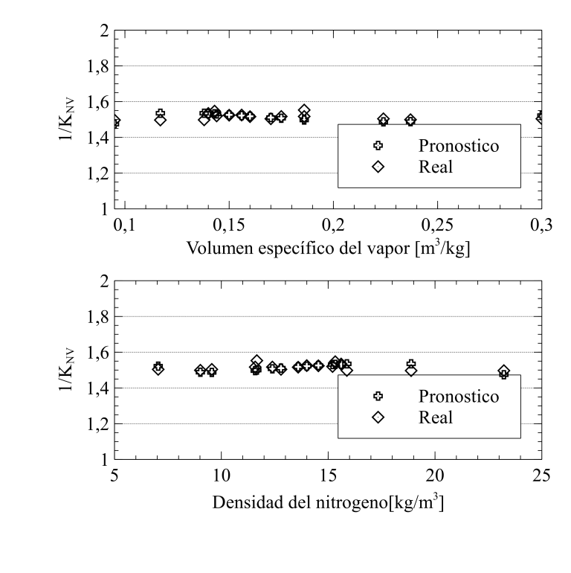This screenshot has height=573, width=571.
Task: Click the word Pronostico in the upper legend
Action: [x=458, y=145]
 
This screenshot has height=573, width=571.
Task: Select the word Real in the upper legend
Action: [x=435, y=167]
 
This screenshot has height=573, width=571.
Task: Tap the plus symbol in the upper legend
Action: [x=378, y=145]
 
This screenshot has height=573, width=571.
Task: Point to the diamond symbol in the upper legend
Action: [x=378, y=167]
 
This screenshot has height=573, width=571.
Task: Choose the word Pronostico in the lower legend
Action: [x=458, y=396]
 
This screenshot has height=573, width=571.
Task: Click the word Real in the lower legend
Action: [x=435, y=417]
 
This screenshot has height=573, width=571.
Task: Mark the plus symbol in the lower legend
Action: [x=378, y=396]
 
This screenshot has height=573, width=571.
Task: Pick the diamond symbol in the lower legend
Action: [x=378, y=417]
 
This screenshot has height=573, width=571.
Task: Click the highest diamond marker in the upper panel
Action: [x=304, y=111]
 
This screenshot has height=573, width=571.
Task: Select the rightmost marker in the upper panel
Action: [x=541, y=118]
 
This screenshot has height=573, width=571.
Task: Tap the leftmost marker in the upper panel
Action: [x=115, y=121]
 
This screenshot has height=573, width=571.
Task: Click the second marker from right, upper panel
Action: [x=410, y=121]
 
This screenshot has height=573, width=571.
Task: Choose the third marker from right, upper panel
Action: [x=383, y=120]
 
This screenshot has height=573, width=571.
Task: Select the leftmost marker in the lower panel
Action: [x=158, y=368]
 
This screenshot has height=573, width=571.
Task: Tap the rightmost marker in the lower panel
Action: [x=503, y=372]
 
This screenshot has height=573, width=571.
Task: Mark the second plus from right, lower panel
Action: [x=411, y=364]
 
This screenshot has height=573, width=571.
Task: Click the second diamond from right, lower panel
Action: [x=411, y=370]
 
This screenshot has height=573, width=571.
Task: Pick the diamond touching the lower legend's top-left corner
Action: [x=346, y=370]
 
